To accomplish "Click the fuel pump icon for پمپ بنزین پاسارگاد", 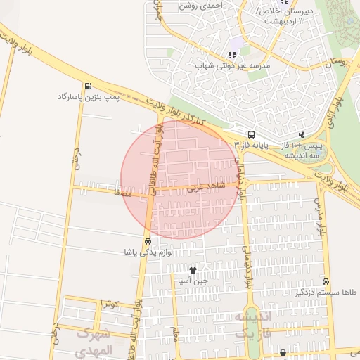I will [x=88, y=86].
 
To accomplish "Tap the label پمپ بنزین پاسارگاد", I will [x=89, y=97].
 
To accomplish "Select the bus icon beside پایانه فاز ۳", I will [x=251, y=134].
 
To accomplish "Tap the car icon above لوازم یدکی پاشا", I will [x=147, y=241].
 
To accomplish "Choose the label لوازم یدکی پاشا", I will [x=147, y=252].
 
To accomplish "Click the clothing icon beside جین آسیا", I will [x=193, y=269].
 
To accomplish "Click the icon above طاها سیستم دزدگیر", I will [x=324, y=281].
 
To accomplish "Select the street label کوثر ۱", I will [x=111, y=304].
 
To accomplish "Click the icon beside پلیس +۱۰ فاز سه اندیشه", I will [x=302, y=134].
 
